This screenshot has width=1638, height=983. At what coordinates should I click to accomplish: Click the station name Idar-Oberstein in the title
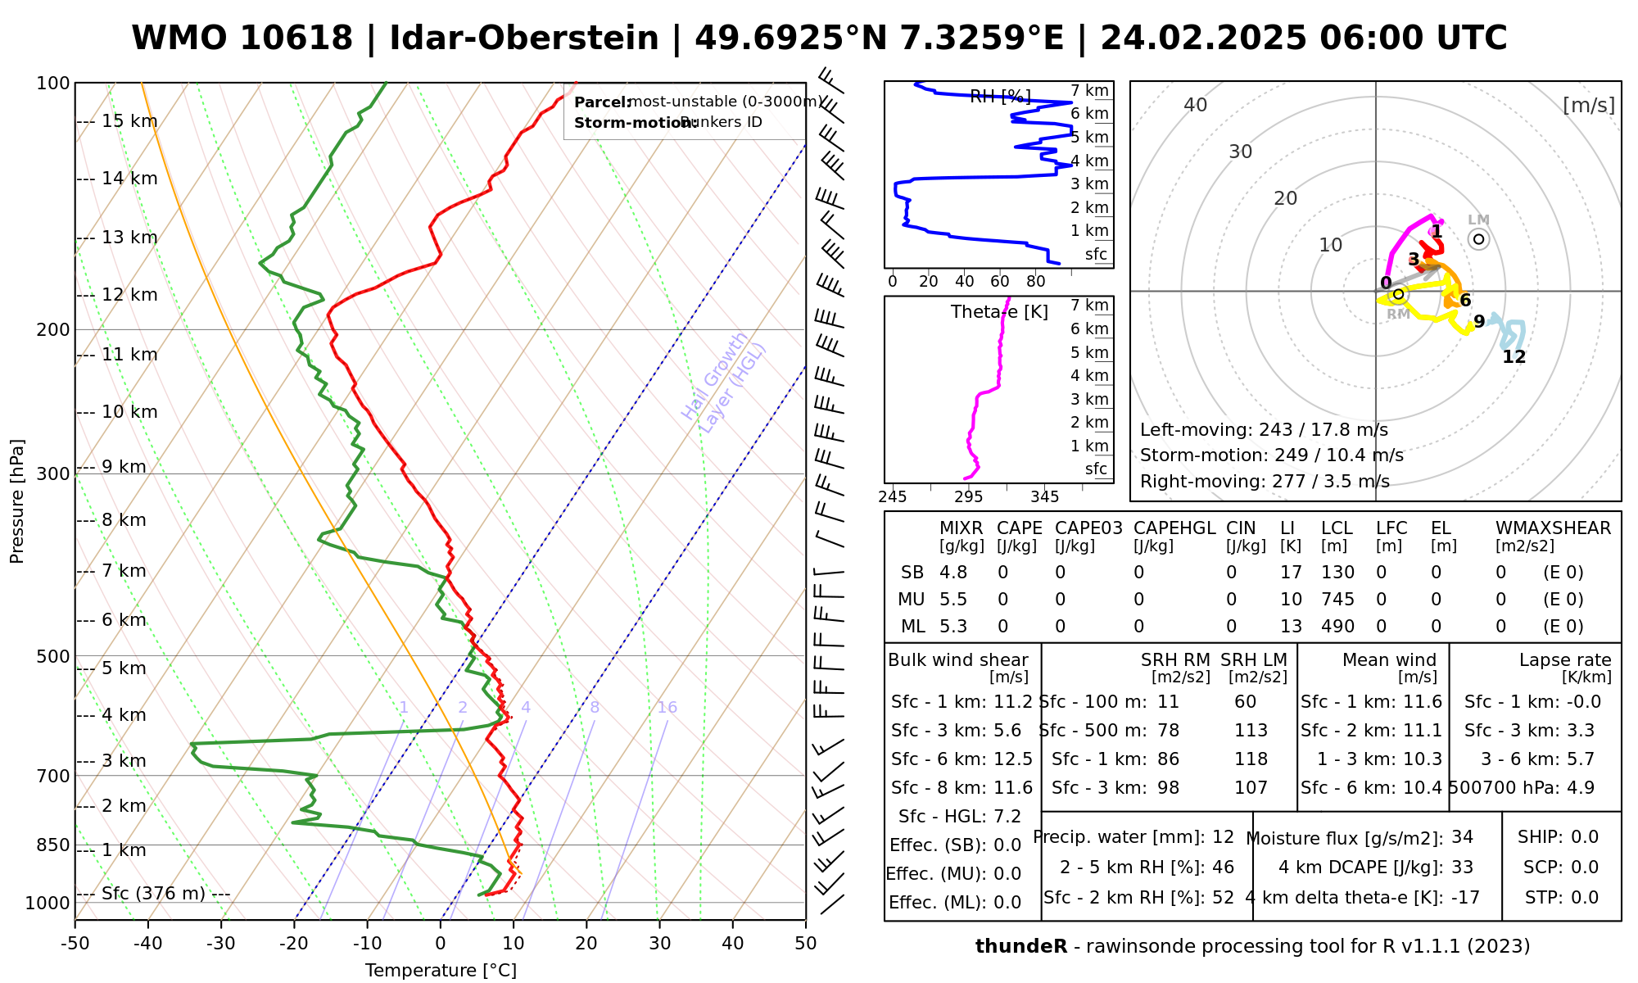[x=523, y=39]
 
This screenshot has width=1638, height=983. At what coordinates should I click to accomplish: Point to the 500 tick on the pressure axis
[x=55, y=656]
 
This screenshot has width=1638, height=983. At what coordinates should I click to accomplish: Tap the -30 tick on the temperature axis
[x=220, y=944]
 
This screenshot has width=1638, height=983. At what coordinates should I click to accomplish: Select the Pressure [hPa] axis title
[x=17, y=501]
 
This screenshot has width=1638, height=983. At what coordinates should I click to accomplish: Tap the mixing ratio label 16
[x=667, y=708]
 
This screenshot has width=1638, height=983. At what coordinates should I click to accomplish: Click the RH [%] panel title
[x=1000, y=97]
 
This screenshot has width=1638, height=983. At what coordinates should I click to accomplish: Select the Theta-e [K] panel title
[x=999, y=312]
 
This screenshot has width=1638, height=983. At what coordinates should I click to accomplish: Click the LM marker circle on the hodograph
[x=1478, y=239]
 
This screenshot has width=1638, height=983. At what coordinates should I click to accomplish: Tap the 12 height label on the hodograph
[x=1514, y=357]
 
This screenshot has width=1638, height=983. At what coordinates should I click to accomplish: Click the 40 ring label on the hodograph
[x=1196, y=105]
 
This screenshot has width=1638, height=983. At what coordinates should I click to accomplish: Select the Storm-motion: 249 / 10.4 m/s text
[x=1271, y=455]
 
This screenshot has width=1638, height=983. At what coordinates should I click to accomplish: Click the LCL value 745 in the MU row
[x=1337, y=600]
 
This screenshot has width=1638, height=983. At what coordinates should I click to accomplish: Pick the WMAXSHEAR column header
[x=1553, y=528]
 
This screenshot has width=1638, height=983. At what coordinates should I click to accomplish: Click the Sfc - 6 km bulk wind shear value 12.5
[x=1013, y=759]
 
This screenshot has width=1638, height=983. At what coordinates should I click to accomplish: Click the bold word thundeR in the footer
[x=1020, y=947]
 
